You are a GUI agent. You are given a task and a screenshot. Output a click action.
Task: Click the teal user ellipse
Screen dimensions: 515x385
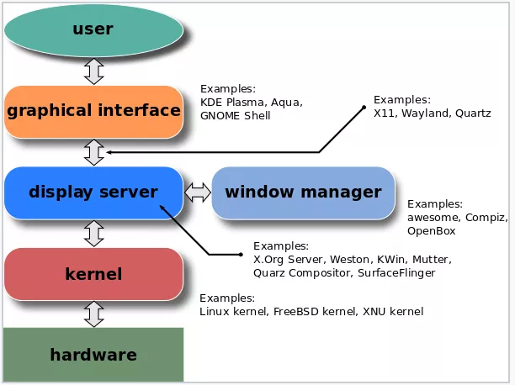(93, 30)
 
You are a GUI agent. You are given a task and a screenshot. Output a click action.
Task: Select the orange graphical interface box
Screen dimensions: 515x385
(93, 112)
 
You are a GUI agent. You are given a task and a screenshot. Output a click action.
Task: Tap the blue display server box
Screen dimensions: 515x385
(93, 192)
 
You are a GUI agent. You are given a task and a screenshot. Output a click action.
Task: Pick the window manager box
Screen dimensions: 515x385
(303, 192)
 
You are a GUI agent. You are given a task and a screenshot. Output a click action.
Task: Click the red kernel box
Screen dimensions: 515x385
(93, 274)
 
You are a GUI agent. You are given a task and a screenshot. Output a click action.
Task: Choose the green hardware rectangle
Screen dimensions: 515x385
(93, 355)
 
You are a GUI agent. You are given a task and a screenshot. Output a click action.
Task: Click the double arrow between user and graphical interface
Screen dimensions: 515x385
(94, 71)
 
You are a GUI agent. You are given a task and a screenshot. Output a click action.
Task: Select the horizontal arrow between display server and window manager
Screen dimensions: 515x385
(198, 192)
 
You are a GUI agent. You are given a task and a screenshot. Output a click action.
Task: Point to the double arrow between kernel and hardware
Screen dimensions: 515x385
(94, 314)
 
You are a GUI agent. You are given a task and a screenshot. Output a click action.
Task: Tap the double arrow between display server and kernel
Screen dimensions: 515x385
(94, 234)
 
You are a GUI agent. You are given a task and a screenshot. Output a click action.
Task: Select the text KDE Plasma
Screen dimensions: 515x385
(233, 103)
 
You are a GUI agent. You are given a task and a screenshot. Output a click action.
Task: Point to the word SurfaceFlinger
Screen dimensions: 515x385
(396, 273)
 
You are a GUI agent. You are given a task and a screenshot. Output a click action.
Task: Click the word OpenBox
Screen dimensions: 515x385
(431, 231)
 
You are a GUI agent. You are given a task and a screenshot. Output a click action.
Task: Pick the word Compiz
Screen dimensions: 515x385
(486, 218)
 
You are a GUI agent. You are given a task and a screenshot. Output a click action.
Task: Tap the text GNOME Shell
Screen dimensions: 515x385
(235, 116)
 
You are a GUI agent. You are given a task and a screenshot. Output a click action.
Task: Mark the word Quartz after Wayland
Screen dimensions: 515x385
(473, 113)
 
